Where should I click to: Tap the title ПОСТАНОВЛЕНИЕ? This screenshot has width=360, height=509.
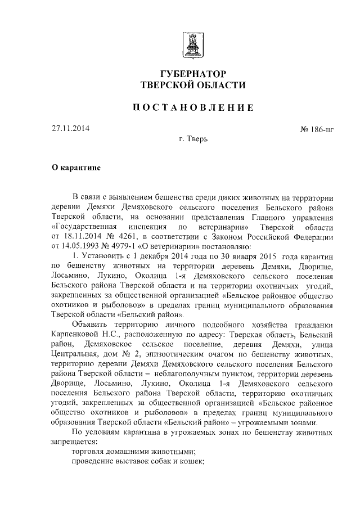pyautogui.click(x=192, y=107)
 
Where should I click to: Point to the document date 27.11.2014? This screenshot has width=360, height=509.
pyautogui.click(x=67, y=128)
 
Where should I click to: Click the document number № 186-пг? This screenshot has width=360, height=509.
pyautogui.click(x=317, y=129)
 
